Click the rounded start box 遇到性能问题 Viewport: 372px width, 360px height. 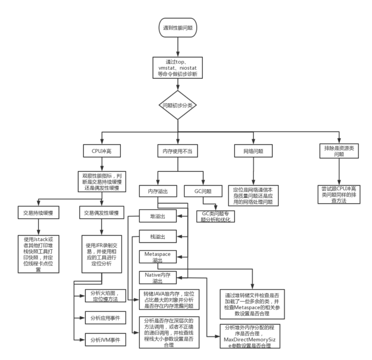(x=178, y=28)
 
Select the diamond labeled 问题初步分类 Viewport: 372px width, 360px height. (x=178, y=105)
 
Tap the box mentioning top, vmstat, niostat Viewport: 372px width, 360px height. (x=178, y=68)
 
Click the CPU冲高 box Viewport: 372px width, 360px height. (x=101, y=151)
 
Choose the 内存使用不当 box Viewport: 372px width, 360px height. (x=178, y=151)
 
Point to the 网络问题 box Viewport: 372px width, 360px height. (x=253, y=151)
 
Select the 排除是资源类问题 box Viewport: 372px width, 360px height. (x=339, y=151)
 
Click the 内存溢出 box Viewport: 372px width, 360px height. (x=157, y=191)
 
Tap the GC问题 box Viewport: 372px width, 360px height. (x=203, y=191)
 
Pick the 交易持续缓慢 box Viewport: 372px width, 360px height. (x=38, y=213)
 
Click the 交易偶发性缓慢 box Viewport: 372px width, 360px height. (x=101, y=213)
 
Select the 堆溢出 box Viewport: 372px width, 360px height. (x=158, y=216)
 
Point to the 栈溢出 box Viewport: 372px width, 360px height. (x=158, y=237)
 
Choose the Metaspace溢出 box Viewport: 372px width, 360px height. (x=158, y=257)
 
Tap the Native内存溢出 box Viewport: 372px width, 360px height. (x=158, y=278)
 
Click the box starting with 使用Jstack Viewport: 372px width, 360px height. (x=38, y=254)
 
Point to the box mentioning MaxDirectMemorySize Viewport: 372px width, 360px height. (x=250, y=336)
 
